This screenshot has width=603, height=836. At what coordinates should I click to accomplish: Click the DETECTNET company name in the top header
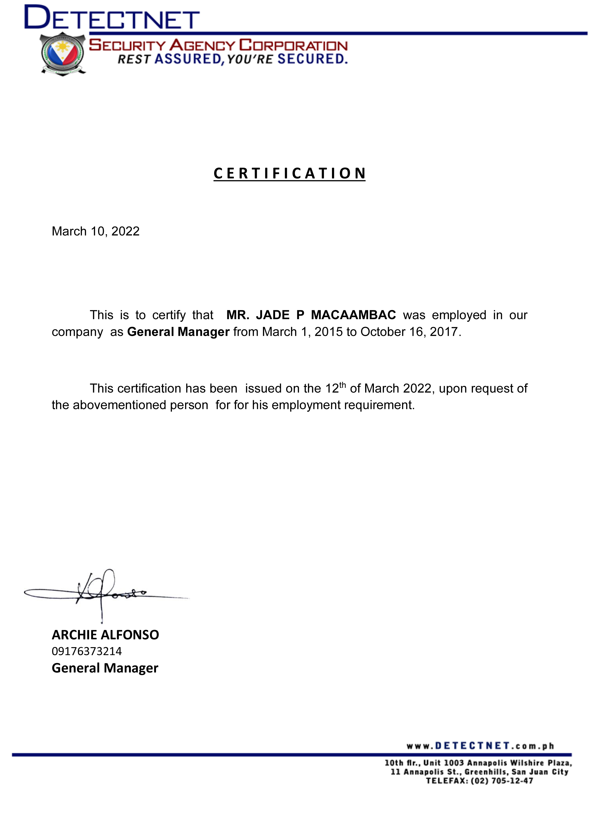112,18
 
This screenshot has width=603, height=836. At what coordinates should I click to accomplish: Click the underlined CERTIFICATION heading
289,173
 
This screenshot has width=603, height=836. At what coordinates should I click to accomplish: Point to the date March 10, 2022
96,231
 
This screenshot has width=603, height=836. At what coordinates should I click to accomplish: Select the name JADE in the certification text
273,315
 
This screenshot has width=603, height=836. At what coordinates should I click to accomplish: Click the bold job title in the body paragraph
178,332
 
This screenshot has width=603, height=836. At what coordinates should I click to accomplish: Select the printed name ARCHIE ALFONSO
105,635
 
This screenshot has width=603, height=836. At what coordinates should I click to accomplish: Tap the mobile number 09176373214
87,651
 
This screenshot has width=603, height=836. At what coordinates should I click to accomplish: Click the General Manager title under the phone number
105,668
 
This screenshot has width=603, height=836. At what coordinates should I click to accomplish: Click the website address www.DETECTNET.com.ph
480,746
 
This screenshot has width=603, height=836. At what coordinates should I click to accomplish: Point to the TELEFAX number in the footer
479,781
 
